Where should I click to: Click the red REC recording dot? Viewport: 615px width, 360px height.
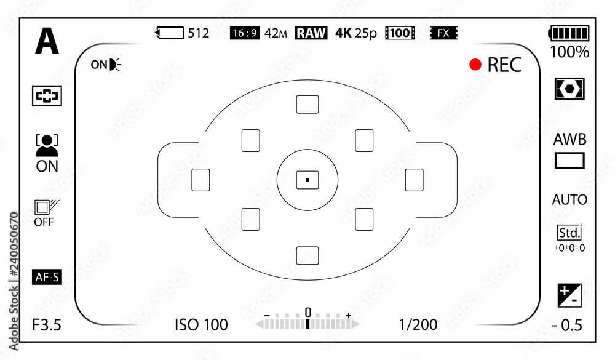tap(475, 65)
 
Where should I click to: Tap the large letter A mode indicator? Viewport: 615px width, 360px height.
tap(47, 41)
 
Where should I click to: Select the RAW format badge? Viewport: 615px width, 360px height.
tap(311, 33)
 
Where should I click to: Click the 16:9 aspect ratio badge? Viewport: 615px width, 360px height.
tap(245, 33)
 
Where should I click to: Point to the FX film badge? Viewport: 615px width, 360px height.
tap(443, 33)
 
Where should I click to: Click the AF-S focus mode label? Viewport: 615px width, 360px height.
tap(47, 277)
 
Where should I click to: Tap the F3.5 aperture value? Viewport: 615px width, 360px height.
tap(47, 325)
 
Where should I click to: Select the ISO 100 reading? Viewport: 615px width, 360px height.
tap(201, 325)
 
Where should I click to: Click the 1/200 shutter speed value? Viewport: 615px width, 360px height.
tap(418, 325)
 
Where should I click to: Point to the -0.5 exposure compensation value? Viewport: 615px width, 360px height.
tap(567, 326)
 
